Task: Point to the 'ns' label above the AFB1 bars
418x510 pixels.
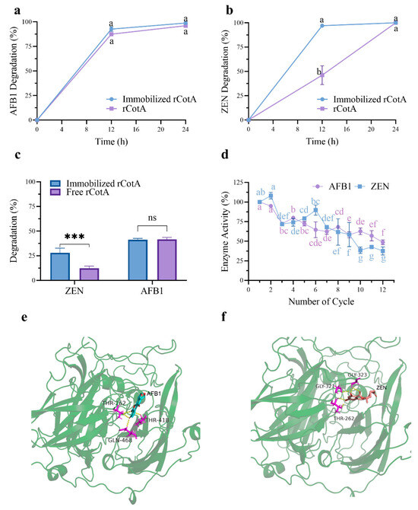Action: click(155, 218)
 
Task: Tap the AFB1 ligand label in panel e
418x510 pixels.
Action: click(155, 394)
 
